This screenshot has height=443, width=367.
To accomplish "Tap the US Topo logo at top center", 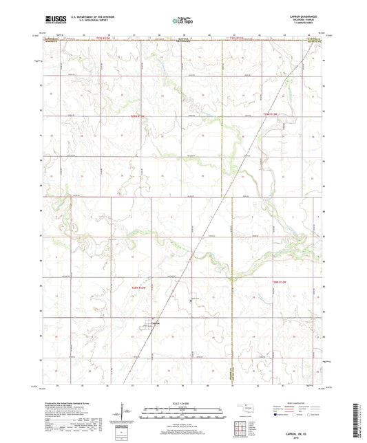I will (182, 21).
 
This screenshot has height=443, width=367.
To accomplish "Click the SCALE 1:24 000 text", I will (182, 403).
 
